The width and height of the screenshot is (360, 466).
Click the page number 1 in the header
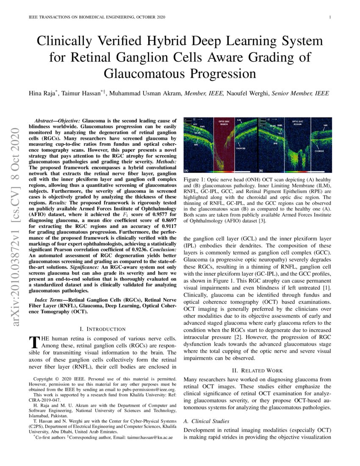[330, 17]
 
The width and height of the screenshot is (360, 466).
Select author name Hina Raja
[46, 93]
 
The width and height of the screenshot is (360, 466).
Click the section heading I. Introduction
[102, 329]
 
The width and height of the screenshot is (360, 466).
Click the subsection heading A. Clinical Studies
[206, 421]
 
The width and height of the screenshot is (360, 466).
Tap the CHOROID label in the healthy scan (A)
[241, 148]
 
